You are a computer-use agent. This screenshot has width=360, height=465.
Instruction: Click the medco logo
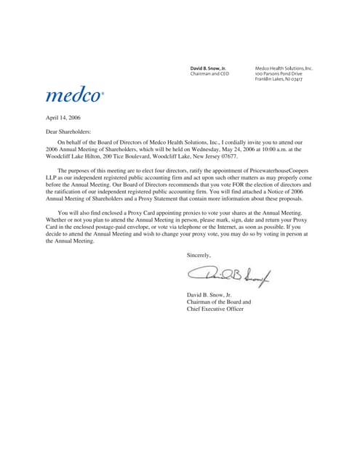pyautogui.click(x=74, y=95)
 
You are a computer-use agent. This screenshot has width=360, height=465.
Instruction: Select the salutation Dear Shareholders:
pyautogui.click(x=71, y=132)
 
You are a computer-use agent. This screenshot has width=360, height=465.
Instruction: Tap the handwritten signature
pyautogui.click(x=228, y=274)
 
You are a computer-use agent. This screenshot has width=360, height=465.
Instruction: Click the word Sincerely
pyautogui.click(x=199, y=255)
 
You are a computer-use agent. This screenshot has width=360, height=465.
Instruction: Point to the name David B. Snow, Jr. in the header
pyautogui.click(x=208, y=68)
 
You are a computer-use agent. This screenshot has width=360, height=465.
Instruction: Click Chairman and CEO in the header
pyautogui.click(x=209, y=73)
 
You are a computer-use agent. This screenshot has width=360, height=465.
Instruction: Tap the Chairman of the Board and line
pyautogui.click(x=219, y=302)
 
